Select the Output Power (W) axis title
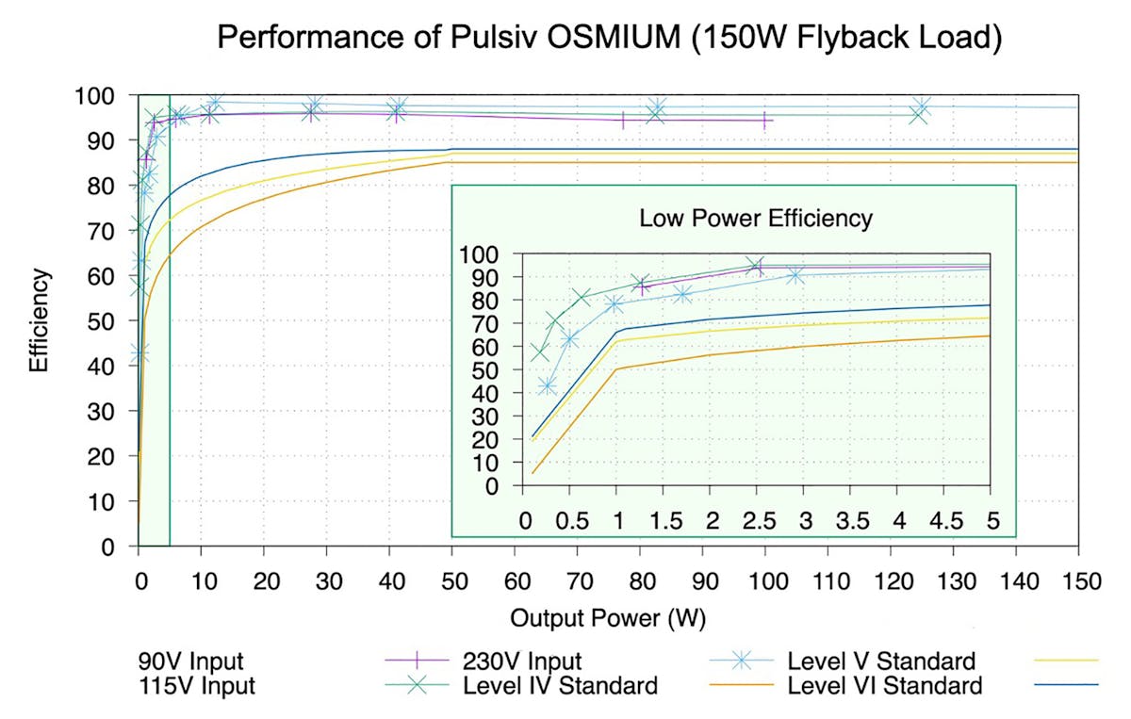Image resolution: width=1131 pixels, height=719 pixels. (x=608, y=619)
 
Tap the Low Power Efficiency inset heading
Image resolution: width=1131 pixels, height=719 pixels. (x=756, y=219)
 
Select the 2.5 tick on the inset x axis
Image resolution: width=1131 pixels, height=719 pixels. (x=755, y=521)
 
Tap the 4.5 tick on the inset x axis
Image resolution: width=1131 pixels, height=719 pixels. (x=942, y=521)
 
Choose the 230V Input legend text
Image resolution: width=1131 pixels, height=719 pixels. (x=522, y=660)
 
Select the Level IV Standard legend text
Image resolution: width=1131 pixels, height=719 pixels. (x=560, y=685)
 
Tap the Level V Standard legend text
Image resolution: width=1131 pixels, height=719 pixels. (x=881, y=660)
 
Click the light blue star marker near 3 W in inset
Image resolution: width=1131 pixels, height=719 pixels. (x=795, y=275)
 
